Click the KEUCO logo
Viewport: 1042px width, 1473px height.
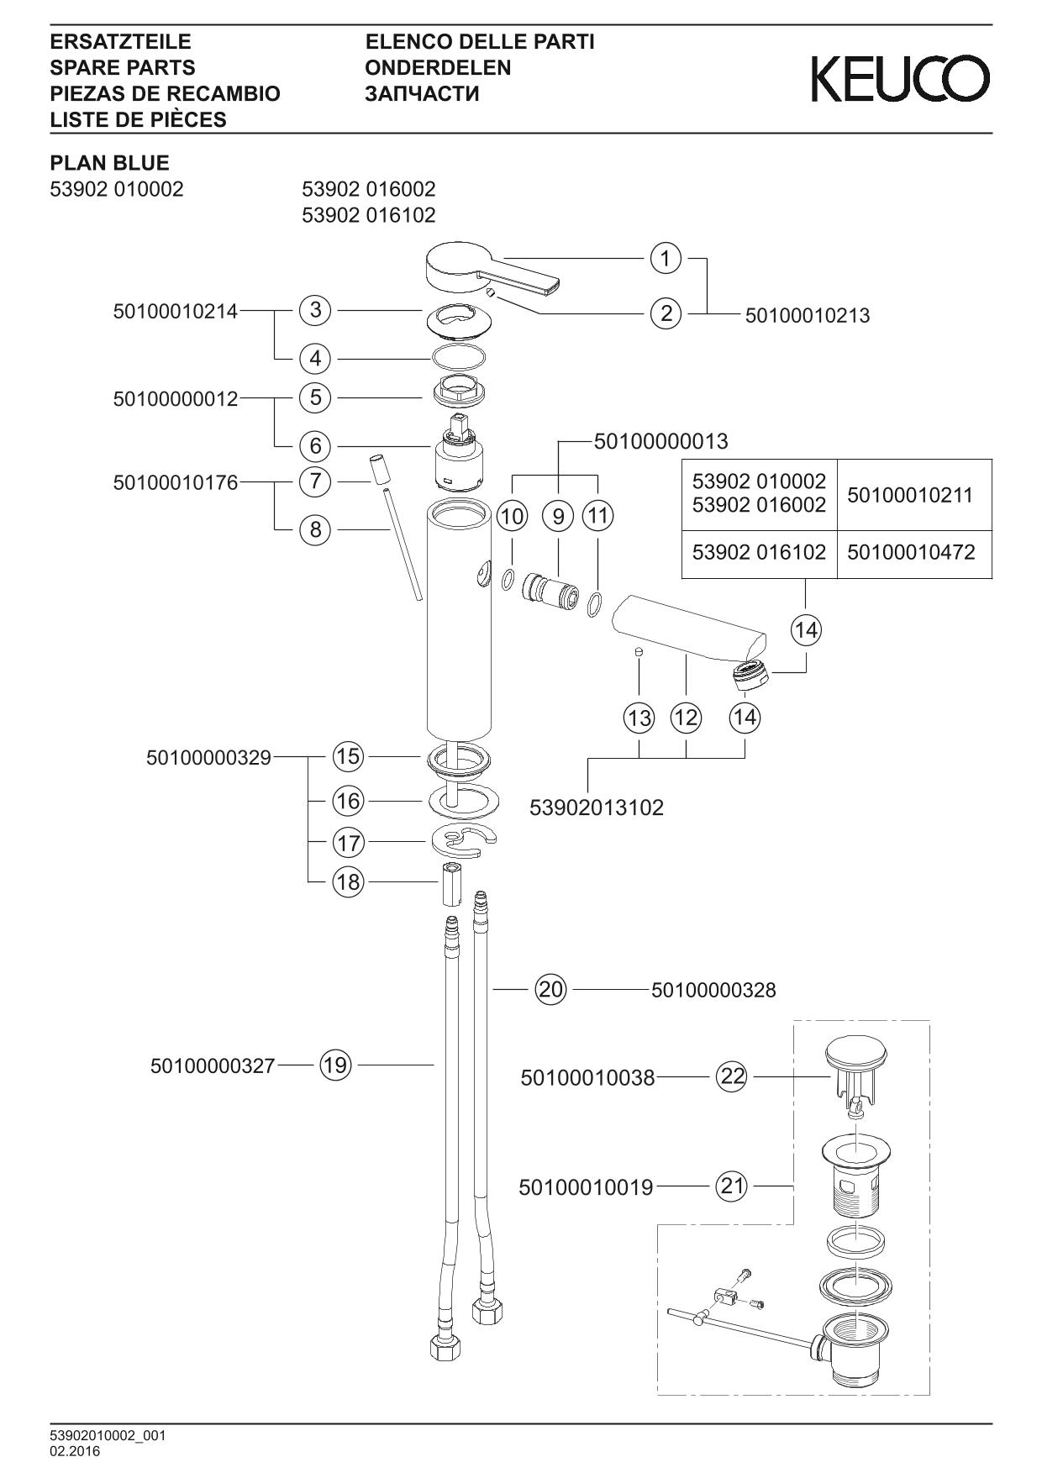[900, 79]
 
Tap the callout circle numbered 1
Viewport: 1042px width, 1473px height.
[666, 258]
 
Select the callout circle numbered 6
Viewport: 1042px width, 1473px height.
[315, 445]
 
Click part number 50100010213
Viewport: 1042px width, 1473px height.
[808, 316]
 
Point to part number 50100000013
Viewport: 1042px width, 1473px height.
[660, 440]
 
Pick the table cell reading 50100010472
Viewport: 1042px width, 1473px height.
[912, 552]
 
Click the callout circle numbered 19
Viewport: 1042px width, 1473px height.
[334, 1065]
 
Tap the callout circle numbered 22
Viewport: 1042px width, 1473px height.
[732, 1076]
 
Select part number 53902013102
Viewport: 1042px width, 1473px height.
[597, 808]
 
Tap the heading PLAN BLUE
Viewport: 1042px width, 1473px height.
[109, 163]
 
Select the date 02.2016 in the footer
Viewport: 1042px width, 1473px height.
[75, 1452]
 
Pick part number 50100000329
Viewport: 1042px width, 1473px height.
[208, 758]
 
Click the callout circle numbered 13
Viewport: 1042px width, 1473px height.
[639, 718]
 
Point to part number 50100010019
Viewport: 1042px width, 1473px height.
[586, 1187]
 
